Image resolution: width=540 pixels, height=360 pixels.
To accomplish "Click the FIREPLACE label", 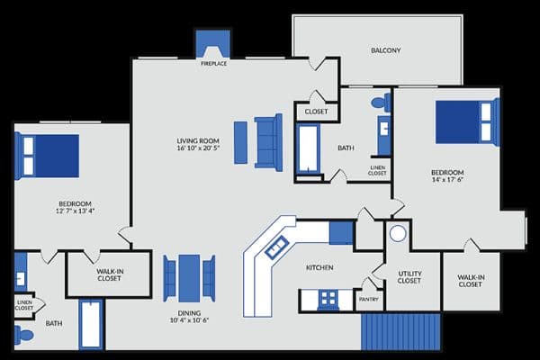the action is pos(213,64).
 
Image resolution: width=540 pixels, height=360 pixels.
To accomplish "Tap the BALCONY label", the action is pos(386,50).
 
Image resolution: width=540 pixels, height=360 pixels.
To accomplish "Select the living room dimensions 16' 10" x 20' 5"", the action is pos(198,148).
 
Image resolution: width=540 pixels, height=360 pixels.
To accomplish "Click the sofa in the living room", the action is pos(268,142).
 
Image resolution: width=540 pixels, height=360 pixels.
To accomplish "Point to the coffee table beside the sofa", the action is pos(240,142).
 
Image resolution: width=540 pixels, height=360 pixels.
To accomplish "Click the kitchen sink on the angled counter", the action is pos(276,247).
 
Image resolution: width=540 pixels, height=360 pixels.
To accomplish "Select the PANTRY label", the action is pos(368,300).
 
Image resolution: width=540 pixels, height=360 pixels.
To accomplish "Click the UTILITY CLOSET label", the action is pos(409,277).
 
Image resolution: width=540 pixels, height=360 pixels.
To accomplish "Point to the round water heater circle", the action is pos(398,234).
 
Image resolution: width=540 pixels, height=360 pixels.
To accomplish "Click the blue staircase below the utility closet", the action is pos(400,332).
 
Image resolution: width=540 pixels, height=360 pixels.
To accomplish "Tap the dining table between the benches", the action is pos(189,278).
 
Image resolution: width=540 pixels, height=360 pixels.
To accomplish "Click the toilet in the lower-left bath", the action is pos(24,335).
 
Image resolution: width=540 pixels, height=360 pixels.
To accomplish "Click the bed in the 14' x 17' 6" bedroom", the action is pos(467,122).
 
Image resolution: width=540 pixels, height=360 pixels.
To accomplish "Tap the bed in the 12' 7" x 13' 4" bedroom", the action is pos(47,156).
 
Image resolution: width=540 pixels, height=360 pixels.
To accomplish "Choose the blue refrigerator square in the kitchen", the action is pos(341,233).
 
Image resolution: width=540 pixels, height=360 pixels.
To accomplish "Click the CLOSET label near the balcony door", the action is pos(316,112).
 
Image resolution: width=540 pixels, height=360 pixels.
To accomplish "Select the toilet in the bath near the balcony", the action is pos(381,103).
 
